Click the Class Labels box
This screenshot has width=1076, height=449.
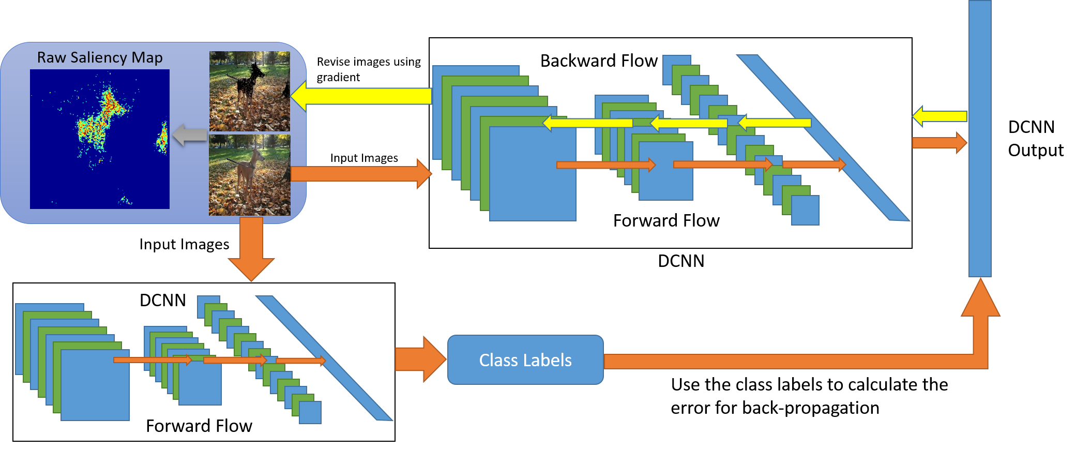click(x=525, y=360)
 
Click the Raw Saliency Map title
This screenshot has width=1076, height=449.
click(x=100, y=57)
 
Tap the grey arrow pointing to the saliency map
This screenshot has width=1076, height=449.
click(x=190, y=135)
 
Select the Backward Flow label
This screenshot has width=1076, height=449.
click(x=599, y=61)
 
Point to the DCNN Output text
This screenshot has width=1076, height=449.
click(x=1035, y=138)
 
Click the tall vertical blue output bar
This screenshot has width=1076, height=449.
click(x=980, y=138)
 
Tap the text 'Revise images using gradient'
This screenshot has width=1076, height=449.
click(x=369, y=69)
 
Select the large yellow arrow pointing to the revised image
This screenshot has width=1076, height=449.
click(x=361, y=96)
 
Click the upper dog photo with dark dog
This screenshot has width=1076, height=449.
click(x=250, y=91)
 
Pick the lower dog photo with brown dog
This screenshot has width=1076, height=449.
click(x=250, y=175)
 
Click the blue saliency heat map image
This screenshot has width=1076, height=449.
click(x=100, y=139)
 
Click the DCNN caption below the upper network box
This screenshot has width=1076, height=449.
click(x=681, y=261)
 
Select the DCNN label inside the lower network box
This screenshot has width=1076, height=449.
click(x=163, y=300)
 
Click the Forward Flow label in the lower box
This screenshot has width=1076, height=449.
click(x=199, y=426)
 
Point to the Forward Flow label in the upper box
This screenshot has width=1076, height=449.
click(x=666, y=220)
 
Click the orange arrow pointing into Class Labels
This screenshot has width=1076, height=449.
click(x=420, y=359)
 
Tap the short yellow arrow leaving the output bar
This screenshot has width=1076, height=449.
click(x=939, y=116)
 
